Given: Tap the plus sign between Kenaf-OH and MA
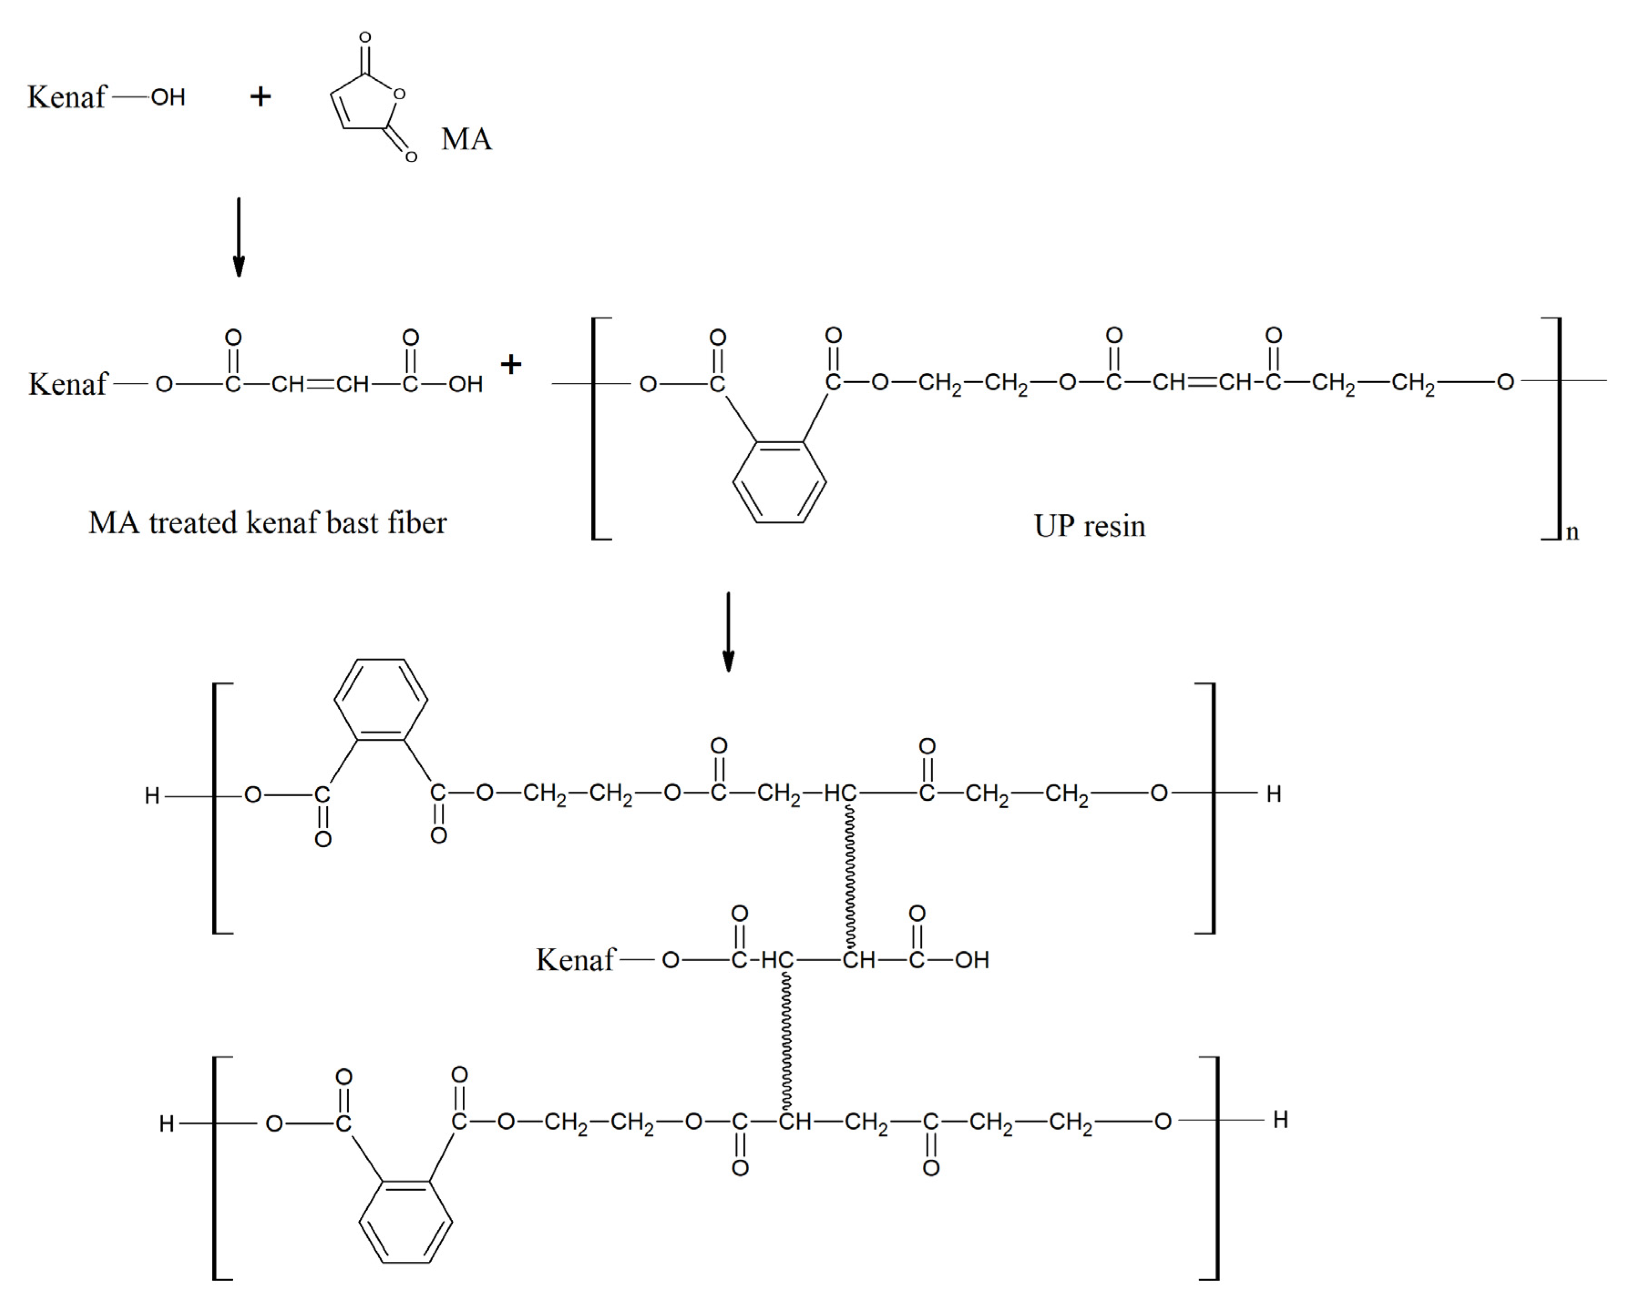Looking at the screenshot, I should tap(260, 97).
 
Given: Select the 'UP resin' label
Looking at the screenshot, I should tap(1089, 526).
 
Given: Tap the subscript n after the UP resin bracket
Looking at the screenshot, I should tap(1572, 532).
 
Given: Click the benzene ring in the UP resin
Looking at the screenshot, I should tap(779, 481).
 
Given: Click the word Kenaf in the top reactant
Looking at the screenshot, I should tap(67, 97).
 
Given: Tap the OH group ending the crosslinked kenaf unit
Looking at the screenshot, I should tap(972, 960).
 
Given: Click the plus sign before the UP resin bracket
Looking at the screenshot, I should tap(511, 364).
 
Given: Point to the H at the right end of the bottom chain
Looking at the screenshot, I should tap(1280, 1120).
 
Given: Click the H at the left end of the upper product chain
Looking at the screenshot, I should tap(152, 795).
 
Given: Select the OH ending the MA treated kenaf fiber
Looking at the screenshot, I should tap(465, 384).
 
